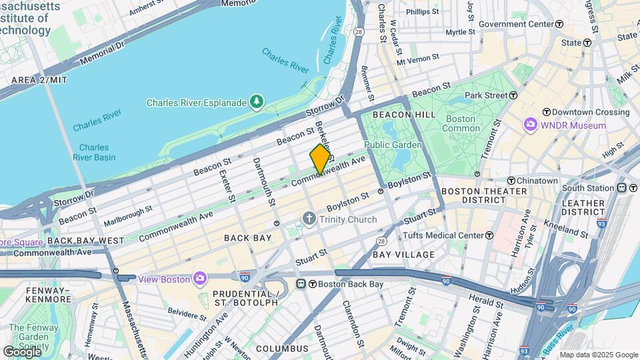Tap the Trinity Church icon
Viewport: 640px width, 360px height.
[309, 219]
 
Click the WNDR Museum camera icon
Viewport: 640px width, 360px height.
[531, 125]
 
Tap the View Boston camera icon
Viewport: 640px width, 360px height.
[199, 278]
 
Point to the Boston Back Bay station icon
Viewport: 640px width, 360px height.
[307, 284]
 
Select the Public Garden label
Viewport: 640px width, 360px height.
[393, 145]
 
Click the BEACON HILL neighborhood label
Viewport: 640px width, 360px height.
[395, 115]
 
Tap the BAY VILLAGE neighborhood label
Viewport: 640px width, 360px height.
[403, 255]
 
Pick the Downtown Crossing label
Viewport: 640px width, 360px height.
[576, 111]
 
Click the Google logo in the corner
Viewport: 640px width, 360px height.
[21, 351]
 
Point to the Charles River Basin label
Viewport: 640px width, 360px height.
[97, 153]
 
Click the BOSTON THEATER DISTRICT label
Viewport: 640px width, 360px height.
[485, 195]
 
